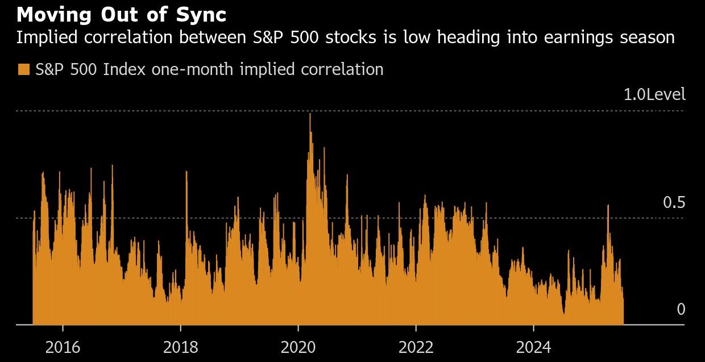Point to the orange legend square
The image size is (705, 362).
point(24,69)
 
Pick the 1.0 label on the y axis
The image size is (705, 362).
point(634,94)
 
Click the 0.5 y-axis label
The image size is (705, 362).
point(674,203)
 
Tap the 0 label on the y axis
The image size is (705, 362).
point(681,309)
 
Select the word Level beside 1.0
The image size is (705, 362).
point(666,94)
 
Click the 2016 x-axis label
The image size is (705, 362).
point(63,347)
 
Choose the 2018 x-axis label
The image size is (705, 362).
point(180,347)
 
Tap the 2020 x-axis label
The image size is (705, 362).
point(298,347)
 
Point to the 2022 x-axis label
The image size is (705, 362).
point(416,347)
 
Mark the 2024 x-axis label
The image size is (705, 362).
point(533,347)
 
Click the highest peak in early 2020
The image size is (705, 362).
point(310,115)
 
